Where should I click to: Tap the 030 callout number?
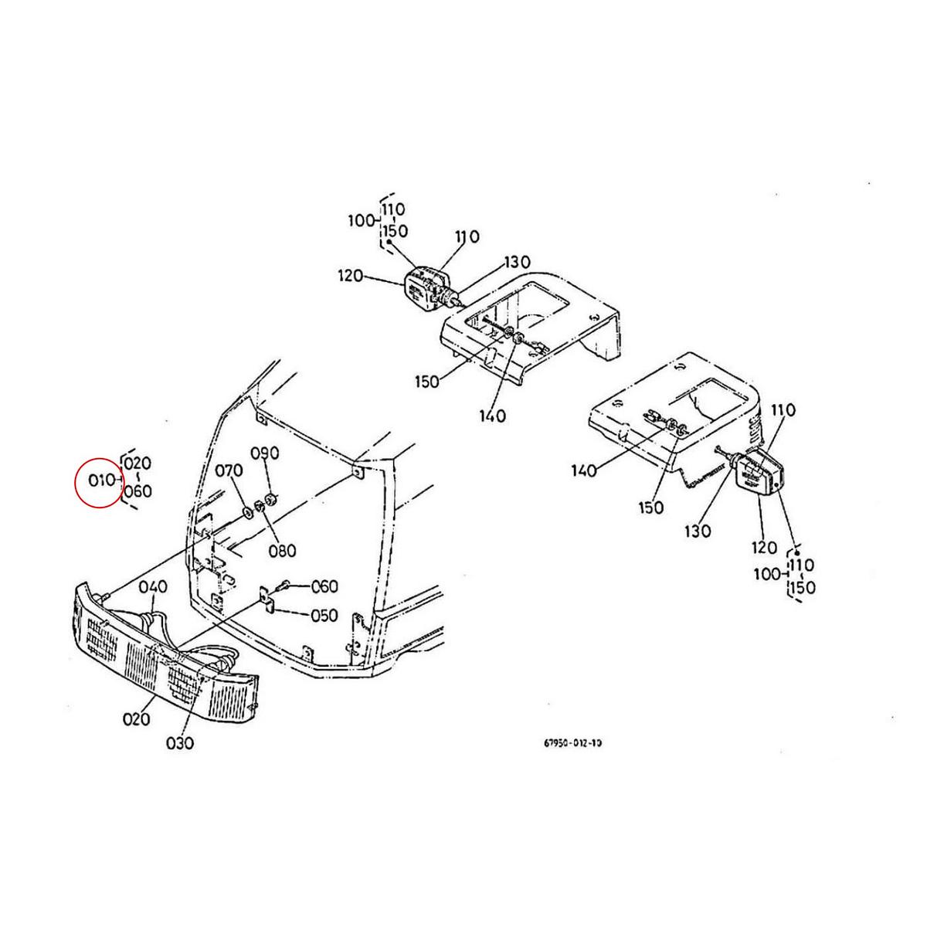(x=179, y=742)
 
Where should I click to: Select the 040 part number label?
(x=152, y=587)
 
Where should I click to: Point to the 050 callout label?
(x=323, y=616)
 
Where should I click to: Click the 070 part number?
(x=228, y=470)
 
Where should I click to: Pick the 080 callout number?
(x=282, y=551)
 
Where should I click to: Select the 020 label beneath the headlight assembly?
(x=136, y=719)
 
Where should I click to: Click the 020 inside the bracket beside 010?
(x=138, y=463)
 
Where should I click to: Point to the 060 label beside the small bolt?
(x=324, y=587)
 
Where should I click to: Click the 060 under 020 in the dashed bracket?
(x=138, y=491)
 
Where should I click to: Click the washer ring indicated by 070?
(x=246, y=511)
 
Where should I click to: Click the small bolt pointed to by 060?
(x=286, y=585)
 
